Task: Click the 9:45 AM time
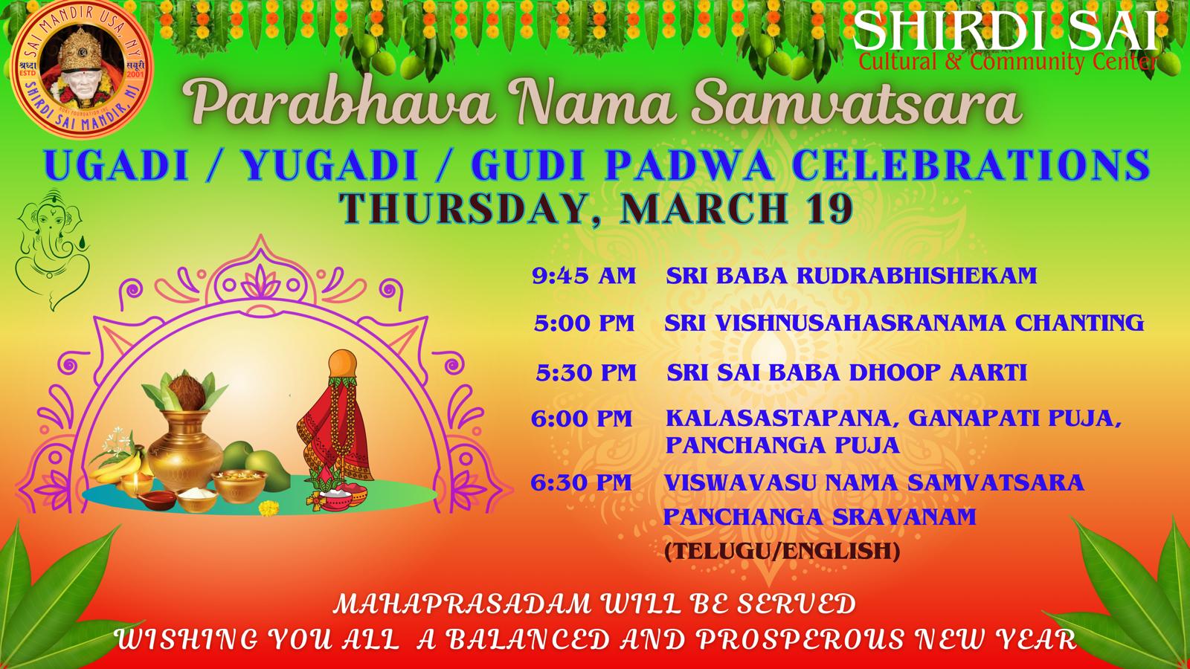click(584, 276)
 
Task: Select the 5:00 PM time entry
click(585, 323)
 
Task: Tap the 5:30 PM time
click(586, 372)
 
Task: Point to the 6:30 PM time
click(581, 482)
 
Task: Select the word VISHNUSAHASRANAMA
click(861, 323)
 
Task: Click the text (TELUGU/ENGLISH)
click(782, 551)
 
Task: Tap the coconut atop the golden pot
click(185, 392)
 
